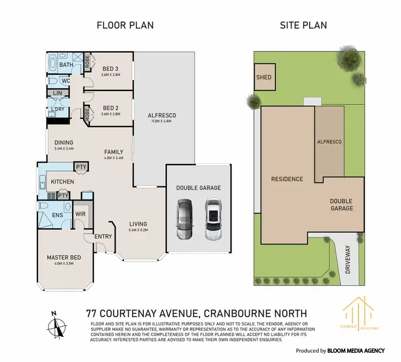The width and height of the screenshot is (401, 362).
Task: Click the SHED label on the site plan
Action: pos(264,77)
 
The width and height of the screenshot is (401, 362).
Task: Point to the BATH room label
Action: pos(67,65)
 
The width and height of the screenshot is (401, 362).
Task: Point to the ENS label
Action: pos(58,216)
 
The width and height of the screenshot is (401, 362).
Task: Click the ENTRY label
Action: pos(103,236)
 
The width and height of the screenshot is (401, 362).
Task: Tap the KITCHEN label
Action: pos(63,182)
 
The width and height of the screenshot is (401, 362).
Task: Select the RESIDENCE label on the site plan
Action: pos(287,179)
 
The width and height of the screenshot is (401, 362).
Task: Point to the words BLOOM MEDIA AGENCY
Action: pos(356,351)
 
